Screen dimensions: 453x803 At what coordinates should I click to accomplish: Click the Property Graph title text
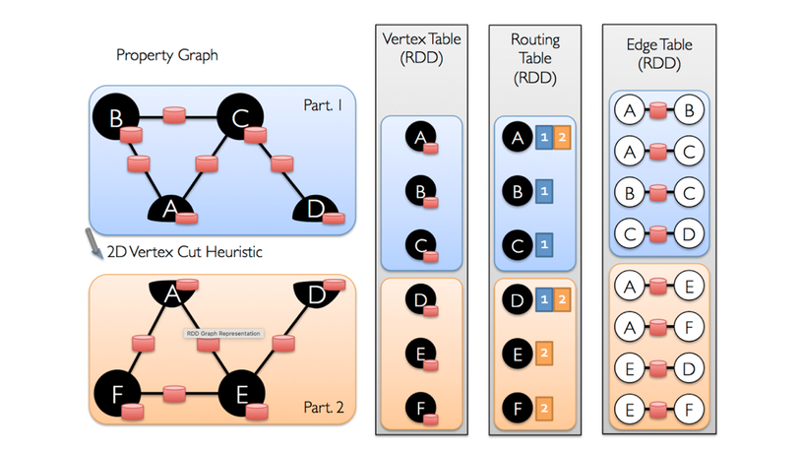[x=167, y=55]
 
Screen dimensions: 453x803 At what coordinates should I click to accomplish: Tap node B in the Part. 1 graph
[x=115, y=118]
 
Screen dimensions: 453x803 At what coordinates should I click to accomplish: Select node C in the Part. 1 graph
[x=238, y=118]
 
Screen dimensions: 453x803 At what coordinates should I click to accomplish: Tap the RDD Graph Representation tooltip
[x=222, y=334]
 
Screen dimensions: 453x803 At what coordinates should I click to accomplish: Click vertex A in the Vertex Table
[x=420, y=141]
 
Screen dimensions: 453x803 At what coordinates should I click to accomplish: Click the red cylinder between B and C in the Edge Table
[x=655, y=190]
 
